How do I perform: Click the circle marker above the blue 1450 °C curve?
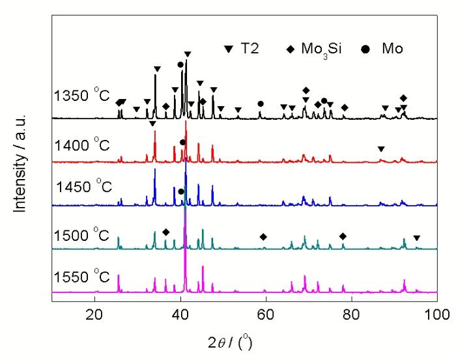point(181,191)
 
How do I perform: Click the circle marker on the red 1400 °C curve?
point(182,142)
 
